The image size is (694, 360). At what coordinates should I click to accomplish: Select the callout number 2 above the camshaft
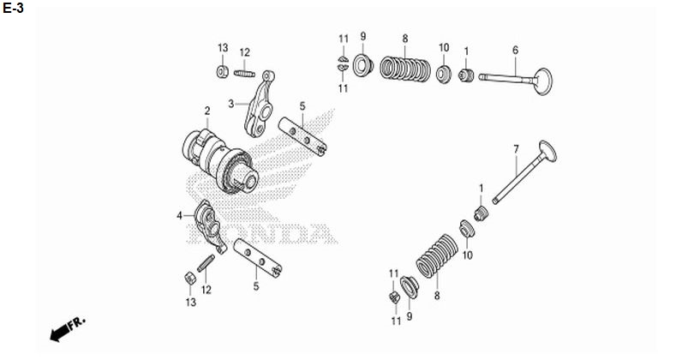(206, 111)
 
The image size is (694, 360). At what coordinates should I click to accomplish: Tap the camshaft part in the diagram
(221, 158)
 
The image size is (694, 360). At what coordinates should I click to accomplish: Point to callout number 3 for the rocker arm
(230, 103)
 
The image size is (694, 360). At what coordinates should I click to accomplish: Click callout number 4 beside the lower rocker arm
(179, 215)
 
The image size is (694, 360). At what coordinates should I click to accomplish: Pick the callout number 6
(515, 49)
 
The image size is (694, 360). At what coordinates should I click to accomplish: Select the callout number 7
(516, 149)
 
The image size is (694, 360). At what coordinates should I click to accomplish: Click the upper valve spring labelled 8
(405, 69)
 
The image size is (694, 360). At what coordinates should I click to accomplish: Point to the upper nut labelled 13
(222, 69)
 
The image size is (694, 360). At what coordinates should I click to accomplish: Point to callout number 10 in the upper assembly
(444, 46)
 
